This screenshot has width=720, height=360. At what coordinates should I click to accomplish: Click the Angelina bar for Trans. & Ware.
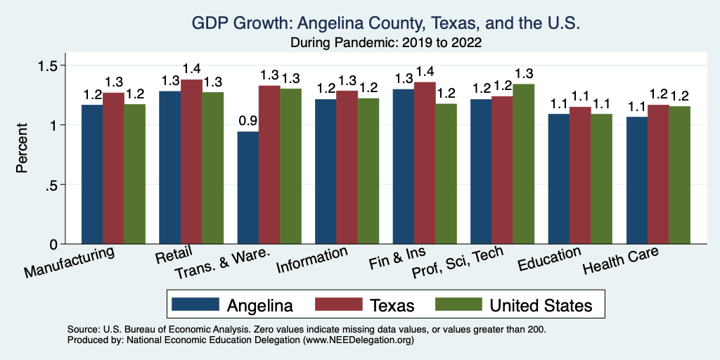click(x=248, y=188)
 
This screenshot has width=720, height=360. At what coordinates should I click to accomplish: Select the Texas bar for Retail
click(x=191, y=162)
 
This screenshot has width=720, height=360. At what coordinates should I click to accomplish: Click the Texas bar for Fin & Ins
click(x=425, y=163)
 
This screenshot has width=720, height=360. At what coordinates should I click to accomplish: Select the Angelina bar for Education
click(x=559, y=179)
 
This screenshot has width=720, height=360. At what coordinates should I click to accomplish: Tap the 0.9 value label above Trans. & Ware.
click(x=248, y=120)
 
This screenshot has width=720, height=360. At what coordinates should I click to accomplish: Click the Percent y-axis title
click(x=22, y=148)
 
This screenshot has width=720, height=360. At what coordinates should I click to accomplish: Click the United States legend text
click(x=541, y=304)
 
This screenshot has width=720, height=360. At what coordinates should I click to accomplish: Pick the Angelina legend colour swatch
click(x=194, y=304)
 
